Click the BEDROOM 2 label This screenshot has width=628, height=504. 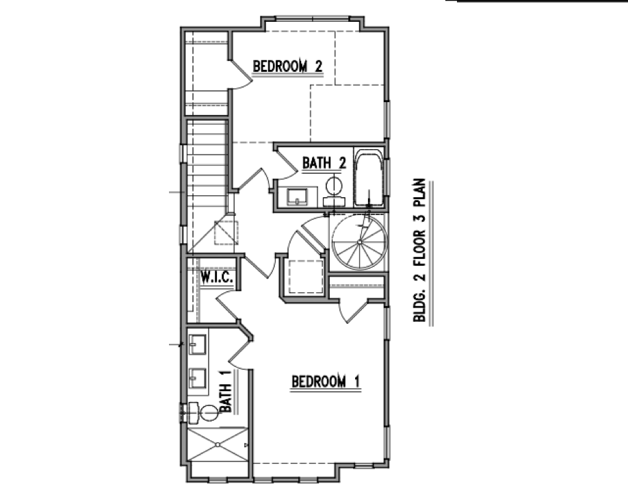pos(287,66)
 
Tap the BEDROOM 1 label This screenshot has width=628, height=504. pos(326,381)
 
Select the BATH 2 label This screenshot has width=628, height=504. pos(324,163)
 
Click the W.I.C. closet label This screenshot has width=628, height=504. pos(217,277)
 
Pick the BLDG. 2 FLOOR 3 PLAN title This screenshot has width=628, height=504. pos(419,250)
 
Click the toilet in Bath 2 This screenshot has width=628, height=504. pos(334,191)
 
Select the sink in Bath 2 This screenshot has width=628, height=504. pos(297,197)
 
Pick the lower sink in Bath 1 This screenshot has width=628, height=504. pos(198,379)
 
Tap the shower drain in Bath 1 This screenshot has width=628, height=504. pos(218,444)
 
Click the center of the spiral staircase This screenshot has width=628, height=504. pos(360,242)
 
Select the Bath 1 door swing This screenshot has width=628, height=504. pos(240,349)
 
